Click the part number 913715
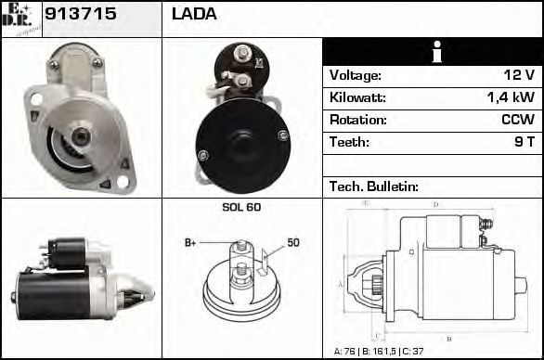[x=74, y=14]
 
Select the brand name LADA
[x=194, y=14]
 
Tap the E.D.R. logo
[x=20, y=18]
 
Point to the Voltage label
[x=355, y=75]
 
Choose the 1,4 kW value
[x=512, y=97]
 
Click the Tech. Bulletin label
[x=374, y=186]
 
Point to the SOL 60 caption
[x=241, y=207]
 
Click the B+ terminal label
[x=190, y=243]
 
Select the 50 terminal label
[x=292, y=242]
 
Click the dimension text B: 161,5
[x=382, y=352]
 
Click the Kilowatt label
[x=357, y=97]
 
